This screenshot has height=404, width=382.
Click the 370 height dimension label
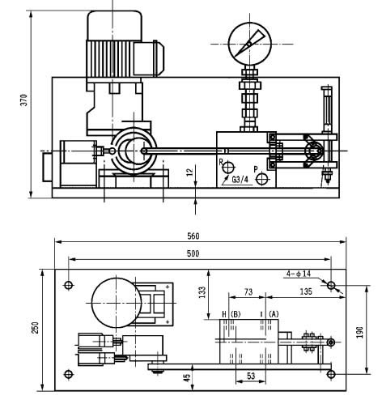[24, 100]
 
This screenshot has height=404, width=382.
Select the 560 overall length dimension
[193, 236]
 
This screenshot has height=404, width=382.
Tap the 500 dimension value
[193, 253]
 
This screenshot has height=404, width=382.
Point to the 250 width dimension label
[35, 328]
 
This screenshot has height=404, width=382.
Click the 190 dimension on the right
[359, 333]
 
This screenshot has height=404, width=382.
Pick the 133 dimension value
[202, 292]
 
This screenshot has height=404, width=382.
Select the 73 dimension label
[248, 291]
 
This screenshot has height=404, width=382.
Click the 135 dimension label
[306, 291]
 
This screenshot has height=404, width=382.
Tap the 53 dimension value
[251, 376]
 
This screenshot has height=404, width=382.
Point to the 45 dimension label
[187, 377]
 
